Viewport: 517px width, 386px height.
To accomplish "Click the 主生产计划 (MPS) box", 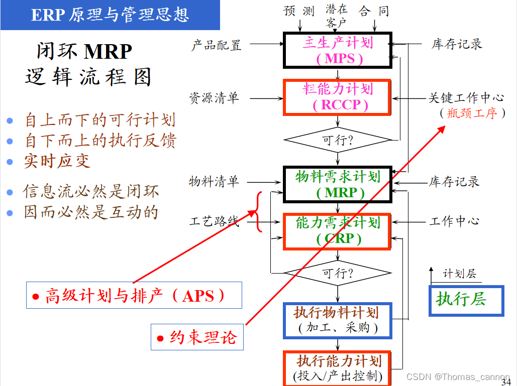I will (x=338, y=50).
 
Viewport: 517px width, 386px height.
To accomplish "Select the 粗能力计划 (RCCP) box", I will (x=338, y=97).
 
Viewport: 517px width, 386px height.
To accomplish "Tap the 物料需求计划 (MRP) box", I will (x=338, y=184).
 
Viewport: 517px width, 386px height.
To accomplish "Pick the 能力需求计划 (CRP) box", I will (x=338, y=231).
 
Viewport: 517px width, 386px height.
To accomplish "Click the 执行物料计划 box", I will (x=338, y=320).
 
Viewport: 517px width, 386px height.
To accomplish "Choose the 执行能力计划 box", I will (x=338, y=368).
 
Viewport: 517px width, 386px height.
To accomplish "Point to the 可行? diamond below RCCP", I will (x=338, y=140).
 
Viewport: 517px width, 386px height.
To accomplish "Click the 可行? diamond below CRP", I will (x=338, y=274).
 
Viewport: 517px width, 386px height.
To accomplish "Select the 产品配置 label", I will (x=216, y=45).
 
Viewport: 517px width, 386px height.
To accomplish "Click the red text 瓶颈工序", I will (x=472, y=113).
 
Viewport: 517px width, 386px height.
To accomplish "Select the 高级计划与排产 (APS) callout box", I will (x=134, y=295).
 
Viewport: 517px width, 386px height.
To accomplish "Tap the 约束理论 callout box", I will (x=197, y=337).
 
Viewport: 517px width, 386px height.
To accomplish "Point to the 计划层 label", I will (x=459, y=274).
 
